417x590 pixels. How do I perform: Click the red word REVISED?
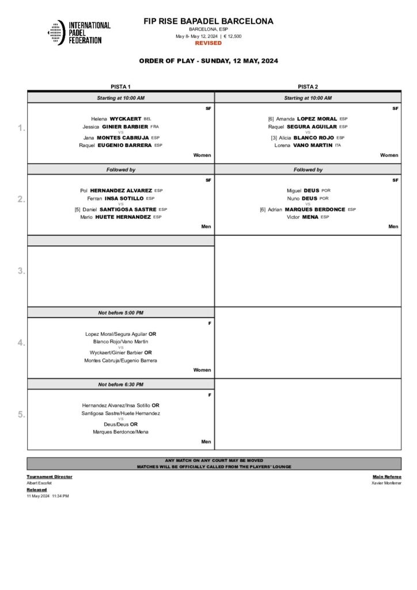coord(208,43)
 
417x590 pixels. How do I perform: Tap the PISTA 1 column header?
coord(120,87)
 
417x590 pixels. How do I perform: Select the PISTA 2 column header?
coord(308,87)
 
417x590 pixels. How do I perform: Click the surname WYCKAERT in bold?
coord(126,119)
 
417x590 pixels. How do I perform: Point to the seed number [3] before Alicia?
coord(274,138)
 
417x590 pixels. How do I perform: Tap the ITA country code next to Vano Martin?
coord(338,145)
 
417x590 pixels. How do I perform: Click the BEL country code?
coord(147,119)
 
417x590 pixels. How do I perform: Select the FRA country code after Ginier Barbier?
coord(154,126)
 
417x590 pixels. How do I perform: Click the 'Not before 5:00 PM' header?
coord(121,312)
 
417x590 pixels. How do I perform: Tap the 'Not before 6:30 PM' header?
coord(121,384)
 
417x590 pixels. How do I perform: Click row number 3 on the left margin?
coord(21,271)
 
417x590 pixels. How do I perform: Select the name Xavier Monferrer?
coord(386,483)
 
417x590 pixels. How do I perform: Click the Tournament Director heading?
coord(50,476)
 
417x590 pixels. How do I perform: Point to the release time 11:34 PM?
coord(60,496)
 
